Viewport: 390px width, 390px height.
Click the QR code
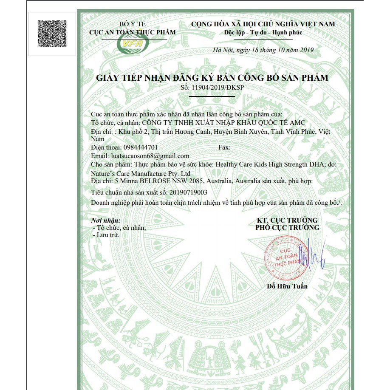(52, 33)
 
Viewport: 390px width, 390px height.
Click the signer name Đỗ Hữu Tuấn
(287, 286)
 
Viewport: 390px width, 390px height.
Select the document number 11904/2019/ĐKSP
(218, 88)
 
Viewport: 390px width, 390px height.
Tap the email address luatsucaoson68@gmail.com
(150, 156)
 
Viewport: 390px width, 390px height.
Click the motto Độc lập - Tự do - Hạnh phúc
(263, 33)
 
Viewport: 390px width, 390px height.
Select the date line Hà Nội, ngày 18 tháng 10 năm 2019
(263, 50)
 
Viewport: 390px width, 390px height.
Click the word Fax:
(224, 147)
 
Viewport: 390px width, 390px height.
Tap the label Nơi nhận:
(106, 220)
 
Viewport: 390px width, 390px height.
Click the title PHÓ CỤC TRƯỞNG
(287, 228)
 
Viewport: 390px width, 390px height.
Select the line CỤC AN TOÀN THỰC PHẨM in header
(132, 32)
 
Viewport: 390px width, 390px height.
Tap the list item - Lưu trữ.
(107, 235)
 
